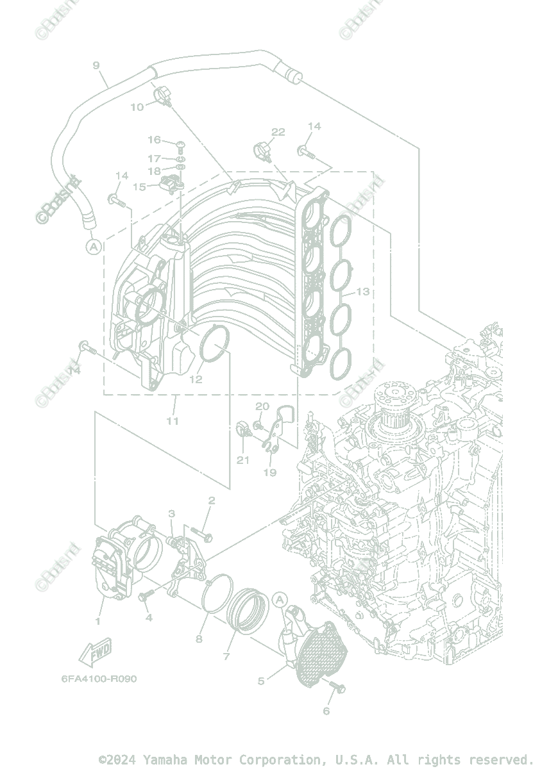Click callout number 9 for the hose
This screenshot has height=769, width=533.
click(96, 65)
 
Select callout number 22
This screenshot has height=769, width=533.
click(278, 133)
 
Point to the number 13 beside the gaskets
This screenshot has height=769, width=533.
click(362, 292)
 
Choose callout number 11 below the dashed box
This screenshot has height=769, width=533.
click(172, 421)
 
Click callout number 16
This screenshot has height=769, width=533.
click(154, 140)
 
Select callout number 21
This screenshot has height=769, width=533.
click(242, 459)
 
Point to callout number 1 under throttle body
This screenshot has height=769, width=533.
click(98, 621)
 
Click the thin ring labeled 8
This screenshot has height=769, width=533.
click(216, 593)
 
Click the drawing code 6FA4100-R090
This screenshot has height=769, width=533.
click(99, 679)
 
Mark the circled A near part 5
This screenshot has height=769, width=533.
click(279, 599)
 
